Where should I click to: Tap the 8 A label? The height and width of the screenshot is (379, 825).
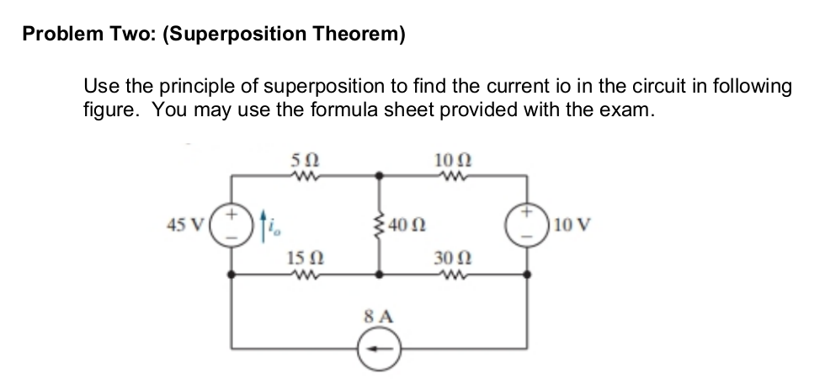(376, 317)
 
